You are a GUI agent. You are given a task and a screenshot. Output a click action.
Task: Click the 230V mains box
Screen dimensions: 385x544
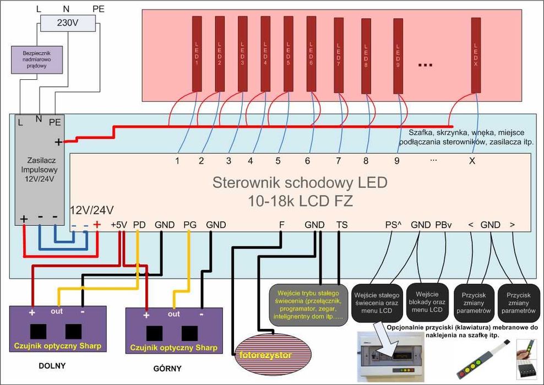pos(68,23)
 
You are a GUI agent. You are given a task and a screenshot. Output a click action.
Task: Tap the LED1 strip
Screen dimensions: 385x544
pos(197,53)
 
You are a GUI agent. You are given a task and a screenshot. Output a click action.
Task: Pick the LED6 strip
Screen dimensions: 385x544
pos(311,53)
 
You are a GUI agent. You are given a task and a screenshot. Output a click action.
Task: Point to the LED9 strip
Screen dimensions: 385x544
pos(398,56)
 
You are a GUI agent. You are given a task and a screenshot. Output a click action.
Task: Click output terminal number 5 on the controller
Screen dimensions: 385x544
pos(278,161)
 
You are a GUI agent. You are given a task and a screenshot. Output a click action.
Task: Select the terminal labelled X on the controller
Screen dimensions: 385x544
pos(471,161)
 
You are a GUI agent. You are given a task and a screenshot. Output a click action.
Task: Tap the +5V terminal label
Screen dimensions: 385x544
pos(119,225)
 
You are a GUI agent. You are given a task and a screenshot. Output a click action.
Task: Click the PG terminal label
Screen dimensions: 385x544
pos(190,225)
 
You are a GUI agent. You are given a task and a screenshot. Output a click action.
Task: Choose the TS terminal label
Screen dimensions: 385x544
pos(342,225)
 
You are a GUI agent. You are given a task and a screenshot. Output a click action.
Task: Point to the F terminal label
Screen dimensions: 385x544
pos(281,225)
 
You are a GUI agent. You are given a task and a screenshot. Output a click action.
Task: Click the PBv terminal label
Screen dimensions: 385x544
pos(443,225)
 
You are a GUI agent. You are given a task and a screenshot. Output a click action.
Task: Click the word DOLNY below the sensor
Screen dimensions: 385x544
pos(52,365)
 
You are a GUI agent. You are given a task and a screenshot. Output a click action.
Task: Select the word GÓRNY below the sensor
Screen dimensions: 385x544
pos(166,368)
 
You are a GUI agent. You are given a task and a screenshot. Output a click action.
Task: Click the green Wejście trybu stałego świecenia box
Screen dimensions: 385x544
pos(308,303)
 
